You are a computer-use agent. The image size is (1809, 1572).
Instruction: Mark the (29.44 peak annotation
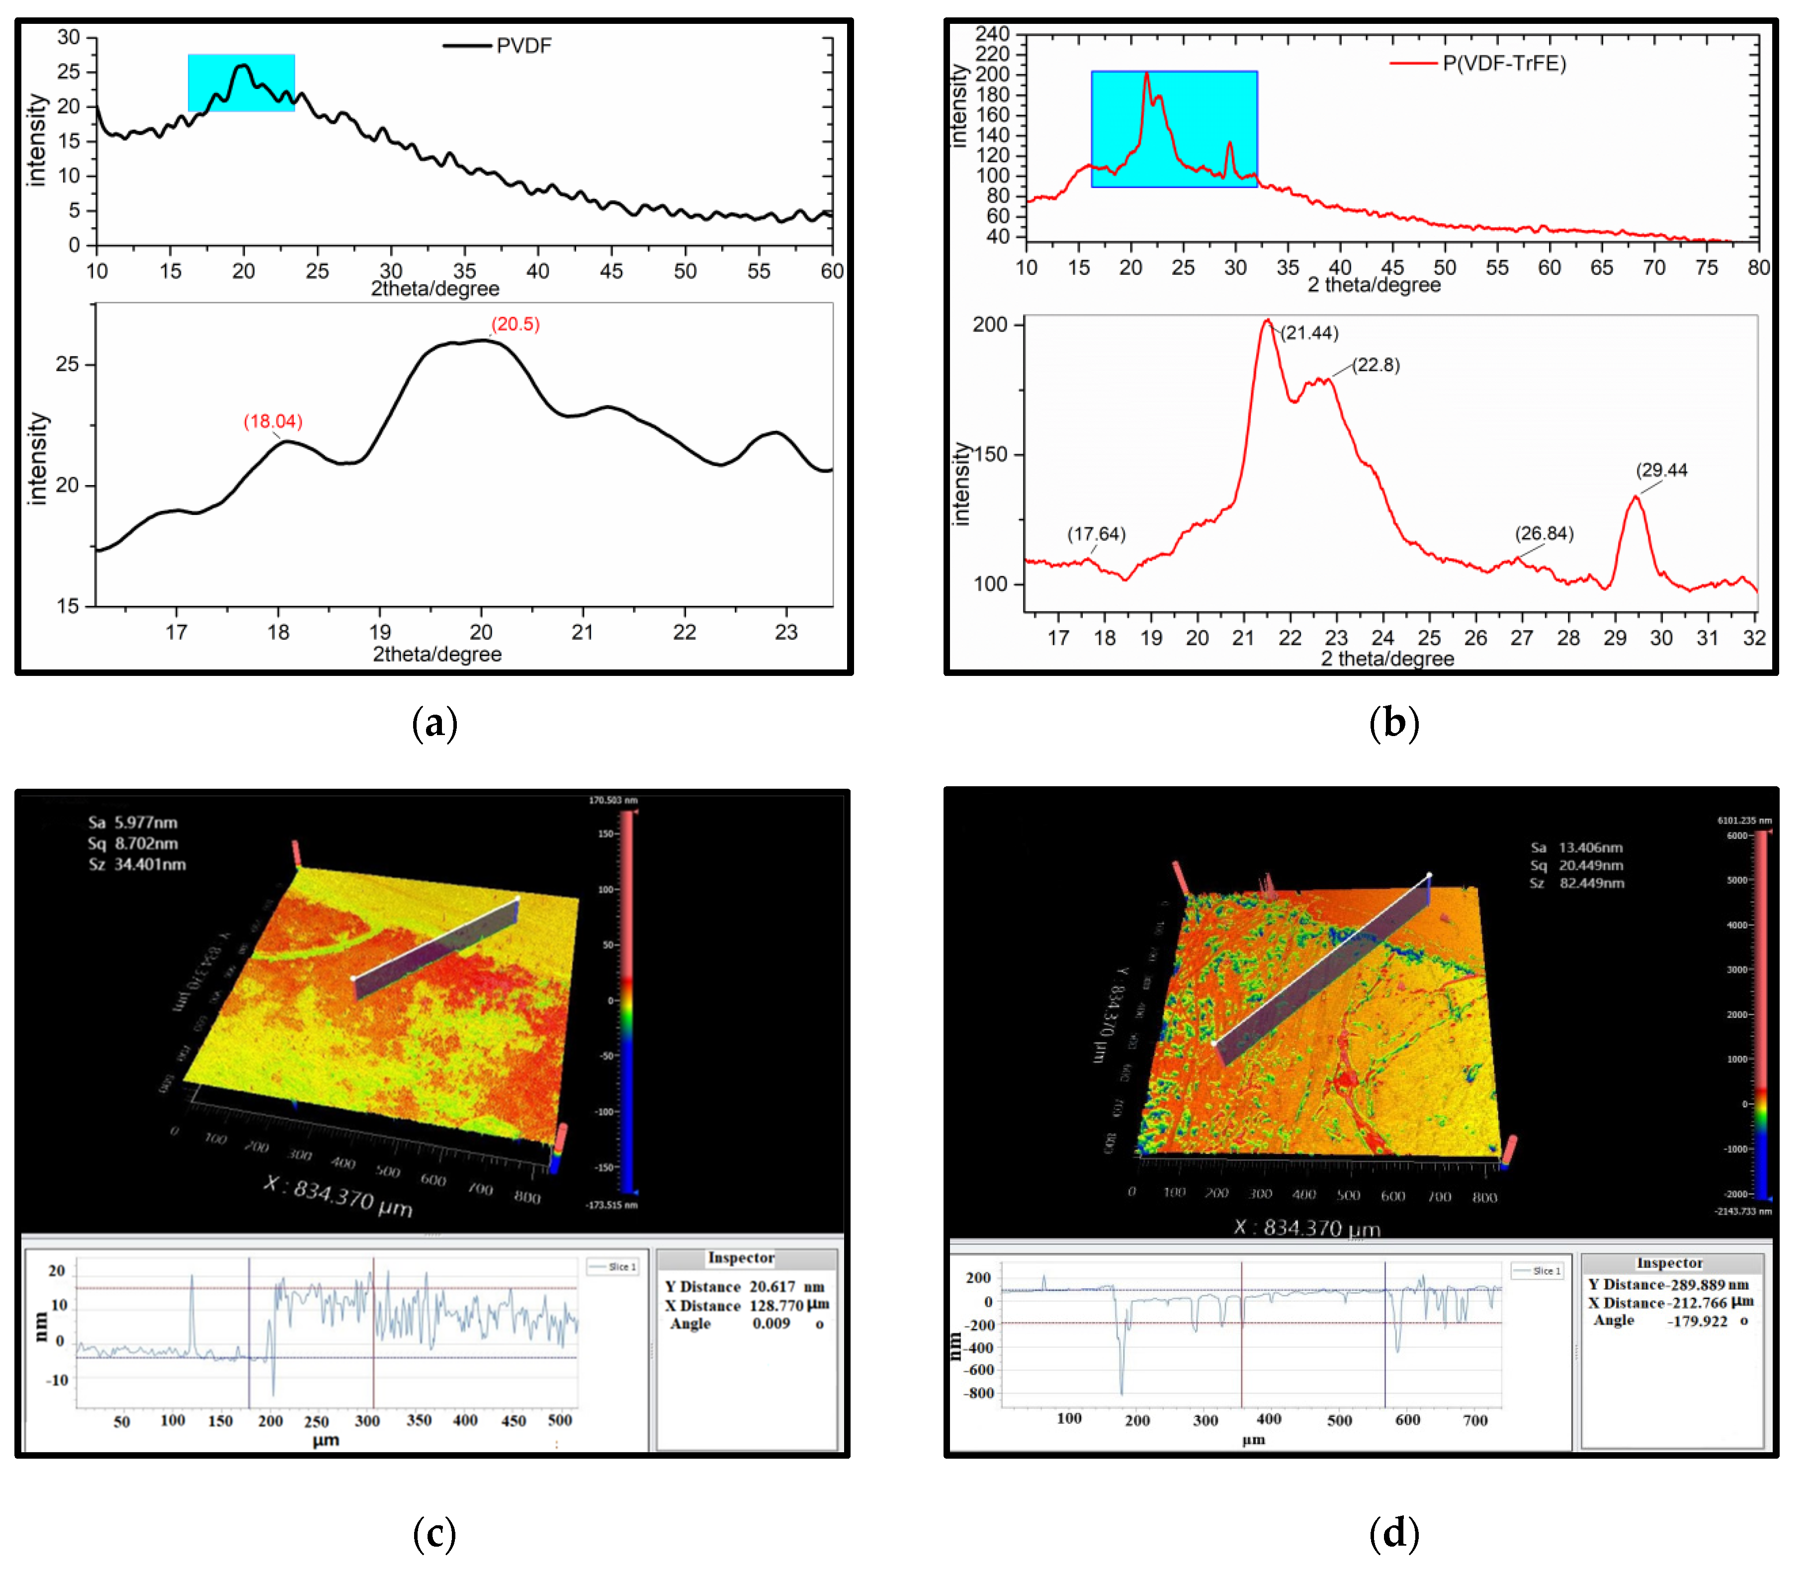(x=1661, y=470)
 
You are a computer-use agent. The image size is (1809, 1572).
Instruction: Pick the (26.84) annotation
(x=1544, y=533)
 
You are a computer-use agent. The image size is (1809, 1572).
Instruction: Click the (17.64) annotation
(x=1096, y=534)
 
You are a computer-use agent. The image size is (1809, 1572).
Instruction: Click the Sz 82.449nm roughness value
(x=1576, y=883)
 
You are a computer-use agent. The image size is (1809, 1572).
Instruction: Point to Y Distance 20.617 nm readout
(x=744, y=1287)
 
